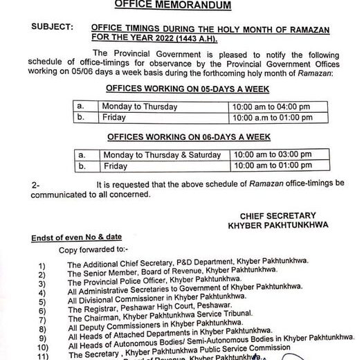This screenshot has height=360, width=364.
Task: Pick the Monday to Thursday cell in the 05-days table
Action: pyautogui.click(x=139, y=107)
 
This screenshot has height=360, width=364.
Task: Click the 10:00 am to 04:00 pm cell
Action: pyautogui.click(x=271, y=107)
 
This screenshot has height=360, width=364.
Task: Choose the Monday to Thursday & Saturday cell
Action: pyautogui.click(x=163, y=156)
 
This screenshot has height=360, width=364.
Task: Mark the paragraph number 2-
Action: pyautogui.click(x=36, y=185)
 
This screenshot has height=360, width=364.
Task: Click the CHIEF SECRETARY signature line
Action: pyautogui.click(x=279, y=216)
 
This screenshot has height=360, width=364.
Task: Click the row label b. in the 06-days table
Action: pyautogui.click(x=81, y=167)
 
